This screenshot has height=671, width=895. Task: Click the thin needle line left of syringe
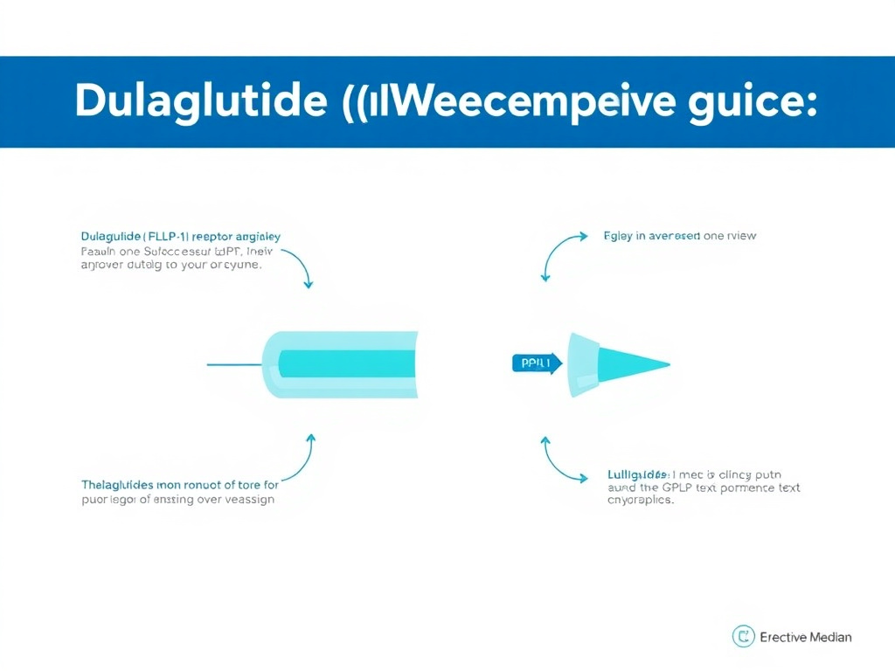click(234, 363)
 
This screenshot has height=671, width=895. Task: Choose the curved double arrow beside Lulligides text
click(559, 460)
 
